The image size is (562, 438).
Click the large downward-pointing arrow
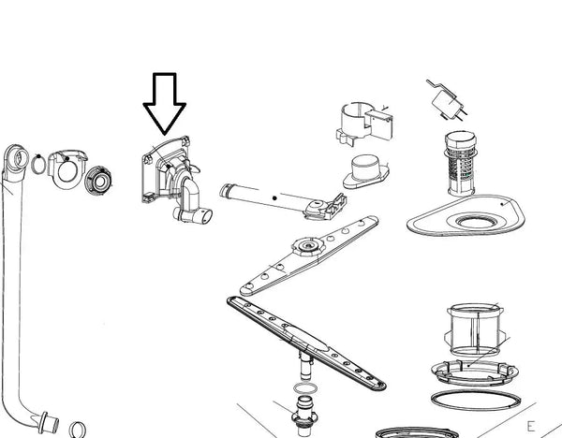pos(165,103)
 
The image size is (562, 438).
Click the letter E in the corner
pos(530,396)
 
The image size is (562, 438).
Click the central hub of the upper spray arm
pos(304,248)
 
